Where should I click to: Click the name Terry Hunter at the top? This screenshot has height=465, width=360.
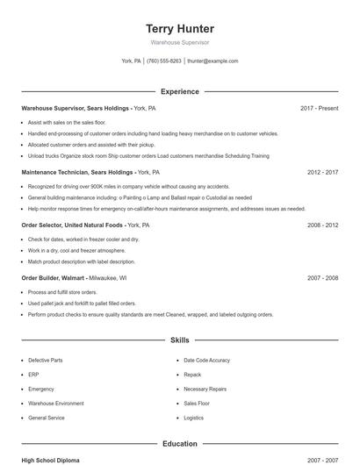(179, 29)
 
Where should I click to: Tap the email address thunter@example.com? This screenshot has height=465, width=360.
(212, 61)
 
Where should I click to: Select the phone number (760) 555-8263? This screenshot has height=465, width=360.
(164, 61)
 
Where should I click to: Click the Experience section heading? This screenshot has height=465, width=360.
(180, 91)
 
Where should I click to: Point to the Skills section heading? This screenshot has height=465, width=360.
(180, 340)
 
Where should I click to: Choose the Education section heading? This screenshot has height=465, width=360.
(180, 444)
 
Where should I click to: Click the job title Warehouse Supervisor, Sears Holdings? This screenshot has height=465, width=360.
(76, 108)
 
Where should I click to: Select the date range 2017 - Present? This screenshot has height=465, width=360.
(319, 108)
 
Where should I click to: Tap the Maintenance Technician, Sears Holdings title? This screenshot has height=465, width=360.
(76, 173)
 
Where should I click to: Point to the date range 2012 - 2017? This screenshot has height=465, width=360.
(323, 173)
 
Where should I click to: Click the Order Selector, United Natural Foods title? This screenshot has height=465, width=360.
(73, 225)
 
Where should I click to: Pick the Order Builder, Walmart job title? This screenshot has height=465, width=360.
(56, 277)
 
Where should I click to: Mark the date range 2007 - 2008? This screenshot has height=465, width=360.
(323, 277)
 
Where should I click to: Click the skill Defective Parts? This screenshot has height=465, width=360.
(45, 361)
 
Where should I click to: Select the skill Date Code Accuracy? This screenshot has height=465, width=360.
(206, 361)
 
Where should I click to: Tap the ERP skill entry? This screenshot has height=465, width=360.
(34, 375)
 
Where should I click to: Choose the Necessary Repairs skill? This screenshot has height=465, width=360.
(205, 389)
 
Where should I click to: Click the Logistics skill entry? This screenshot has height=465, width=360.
(193, 418)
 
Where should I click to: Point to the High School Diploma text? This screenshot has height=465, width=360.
(52, 460)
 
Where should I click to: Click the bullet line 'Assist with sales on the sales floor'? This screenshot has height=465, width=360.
(67, 123)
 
